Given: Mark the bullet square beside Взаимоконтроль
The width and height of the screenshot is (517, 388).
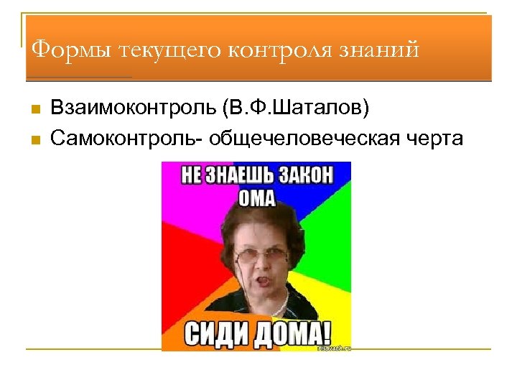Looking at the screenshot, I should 34,109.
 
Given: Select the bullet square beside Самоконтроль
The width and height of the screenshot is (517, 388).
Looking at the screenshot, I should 34,137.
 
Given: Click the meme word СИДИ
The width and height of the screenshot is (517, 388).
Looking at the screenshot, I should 215,333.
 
